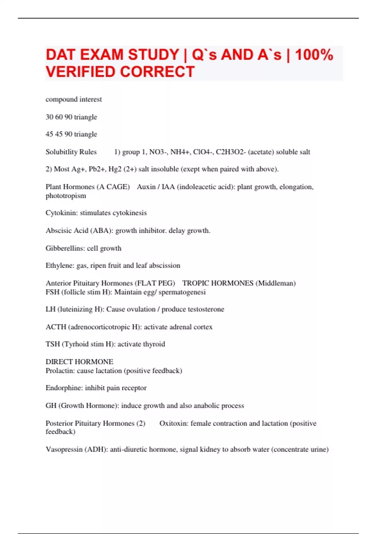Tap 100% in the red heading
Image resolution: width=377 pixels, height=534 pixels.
[314, 55]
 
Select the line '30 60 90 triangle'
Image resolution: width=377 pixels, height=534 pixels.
[71, 117]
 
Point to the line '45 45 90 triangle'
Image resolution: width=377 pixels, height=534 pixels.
[71, 134]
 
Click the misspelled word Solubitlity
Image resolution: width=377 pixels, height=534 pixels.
[71, 152]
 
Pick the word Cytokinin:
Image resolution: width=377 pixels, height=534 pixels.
[62, 213]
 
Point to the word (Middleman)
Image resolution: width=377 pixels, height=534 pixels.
[276, 283]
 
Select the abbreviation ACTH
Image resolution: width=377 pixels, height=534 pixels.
[56, 327]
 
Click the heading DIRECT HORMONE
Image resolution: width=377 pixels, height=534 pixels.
[79, 362]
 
